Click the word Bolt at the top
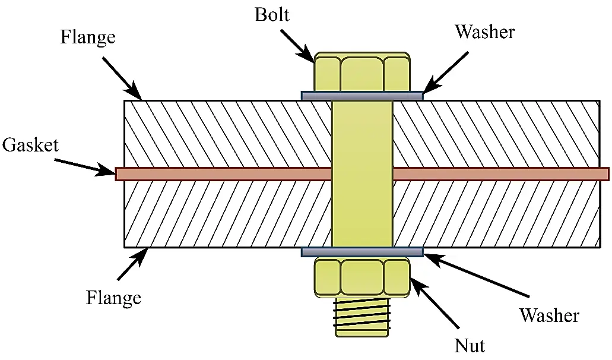click(272, 14)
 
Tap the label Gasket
click(30, 144)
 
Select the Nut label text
click(470, 345)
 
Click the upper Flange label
click(88, 37)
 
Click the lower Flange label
click(113, 296)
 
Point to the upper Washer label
click(484, 31)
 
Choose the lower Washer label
click(548, 315)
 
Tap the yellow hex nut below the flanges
click(362, 277)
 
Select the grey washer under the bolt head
click(362, 95)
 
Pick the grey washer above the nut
click(362, 252)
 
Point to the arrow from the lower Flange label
click(132, 264)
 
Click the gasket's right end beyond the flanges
click(603, 173)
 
